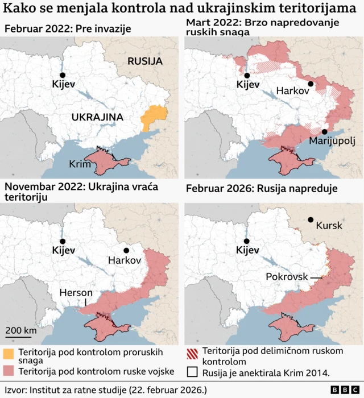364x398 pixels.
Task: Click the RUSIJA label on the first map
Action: [x=144, y=61]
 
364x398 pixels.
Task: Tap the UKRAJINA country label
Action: [x=97, y=117]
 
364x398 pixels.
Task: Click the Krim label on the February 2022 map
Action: [x=80, y=164]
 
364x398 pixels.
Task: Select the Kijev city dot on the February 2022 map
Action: [x=63, y=75]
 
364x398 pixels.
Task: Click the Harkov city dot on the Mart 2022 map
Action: [x=311, y=84]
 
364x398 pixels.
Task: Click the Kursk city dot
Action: [x=311, y=219]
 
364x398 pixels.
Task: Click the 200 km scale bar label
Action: [x=22, y=331]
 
